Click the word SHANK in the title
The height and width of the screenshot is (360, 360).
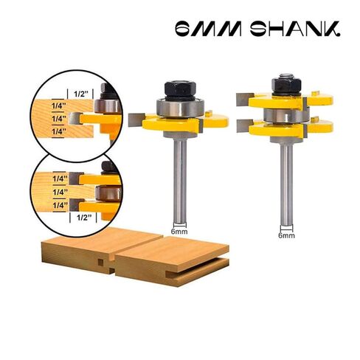[295, 29]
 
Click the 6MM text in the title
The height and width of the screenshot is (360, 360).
[208, 29]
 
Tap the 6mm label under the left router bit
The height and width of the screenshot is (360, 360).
[179, 232]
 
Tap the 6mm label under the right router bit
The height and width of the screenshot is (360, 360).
[286, 235]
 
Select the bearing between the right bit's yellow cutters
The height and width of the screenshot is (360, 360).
[286, 115]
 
